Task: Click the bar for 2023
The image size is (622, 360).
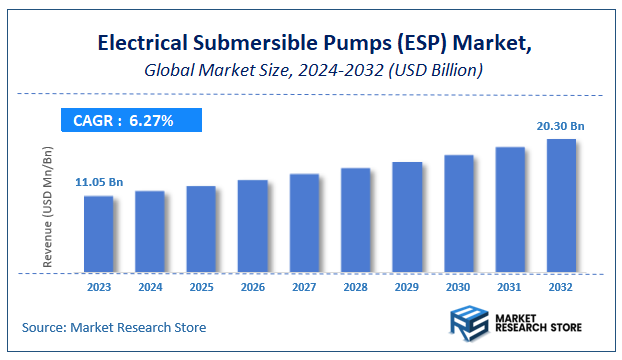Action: tap(98, 234)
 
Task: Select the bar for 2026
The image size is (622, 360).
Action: tap(253, 226)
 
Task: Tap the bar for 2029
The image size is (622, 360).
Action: tap(407, 217)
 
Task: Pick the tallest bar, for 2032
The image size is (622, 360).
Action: tap(561, 205)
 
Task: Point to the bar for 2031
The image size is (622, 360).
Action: tap(510, 209)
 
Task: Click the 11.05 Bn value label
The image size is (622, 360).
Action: tap(99, 182)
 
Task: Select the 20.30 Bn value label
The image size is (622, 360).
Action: tap(561, 125)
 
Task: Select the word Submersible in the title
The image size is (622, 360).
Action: tap(248, 44)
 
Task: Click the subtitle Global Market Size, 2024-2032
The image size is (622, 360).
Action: tap(310, 70)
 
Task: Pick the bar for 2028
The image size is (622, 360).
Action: tap(356, 220)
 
